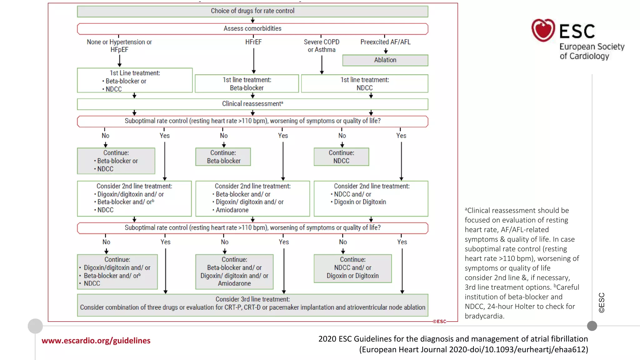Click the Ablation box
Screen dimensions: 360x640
pyautogui.click(x=385, y=60)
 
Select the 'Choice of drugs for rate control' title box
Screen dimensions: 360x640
pyautogui.click(x=252, y=11)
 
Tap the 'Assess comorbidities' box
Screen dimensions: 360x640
pyautogui.click(x=252, y=29)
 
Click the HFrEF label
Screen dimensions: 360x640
pyautogui.click(x=253, y=42)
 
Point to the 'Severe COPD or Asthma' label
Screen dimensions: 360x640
pyautogui.click(x=322, y=46)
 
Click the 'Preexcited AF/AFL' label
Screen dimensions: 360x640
pyautogui.click(x=385, y=42)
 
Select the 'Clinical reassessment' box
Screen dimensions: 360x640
pyautogui.click(x=252, y=104)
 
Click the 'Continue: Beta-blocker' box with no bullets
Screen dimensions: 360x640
pyautogui.click(x=223, y=157)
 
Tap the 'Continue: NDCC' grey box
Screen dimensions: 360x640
pyautogui.click(x=341, y=157)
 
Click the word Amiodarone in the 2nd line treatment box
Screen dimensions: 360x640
pyautogui.click(x=232, y=210)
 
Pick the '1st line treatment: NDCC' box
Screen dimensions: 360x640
pyautogui.click(x=364, y=84)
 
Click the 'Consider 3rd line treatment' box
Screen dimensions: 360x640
pyautogui.click(x=252, y=304)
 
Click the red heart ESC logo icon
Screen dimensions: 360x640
pyautogui.click(x=543, y=30)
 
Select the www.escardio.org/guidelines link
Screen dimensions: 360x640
pyautogui.click(x=96, y=341)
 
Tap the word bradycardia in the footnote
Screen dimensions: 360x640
pyautogui.click(x=484, y=316)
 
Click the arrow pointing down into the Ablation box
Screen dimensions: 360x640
pyautogui.click(x=386, y=51)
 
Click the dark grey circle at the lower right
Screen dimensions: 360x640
pyautogui.click(x=592, y=326)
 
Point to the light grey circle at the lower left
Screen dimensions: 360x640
pyautogui.click(x=35, y=326)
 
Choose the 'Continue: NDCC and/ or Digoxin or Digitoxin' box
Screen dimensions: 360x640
pyautogui.click(x=352, y=268)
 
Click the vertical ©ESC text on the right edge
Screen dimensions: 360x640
pyautogui.click(x=602, y=302)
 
